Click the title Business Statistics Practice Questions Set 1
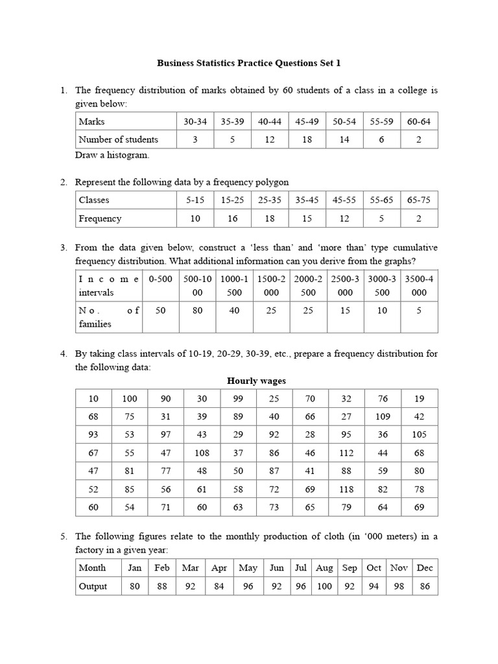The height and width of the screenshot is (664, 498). pyautogui.click(x=248, y=63)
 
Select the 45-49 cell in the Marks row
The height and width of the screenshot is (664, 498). pyautogui.click(x=308, y=121)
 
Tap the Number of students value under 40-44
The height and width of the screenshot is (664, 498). pyautogui.click(x=270, y=139)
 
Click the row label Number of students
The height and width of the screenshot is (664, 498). pyautogui.click(x=118, y=139)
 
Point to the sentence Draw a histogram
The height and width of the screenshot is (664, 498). pyautogui.click(x=112, y=155)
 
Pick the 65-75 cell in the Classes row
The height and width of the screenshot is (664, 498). pyautogui.click(x=419, y=200)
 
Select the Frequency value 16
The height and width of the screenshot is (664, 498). pyautogui.click(x=232, y=219)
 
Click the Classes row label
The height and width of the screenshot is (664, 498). pyautogui.click(x=94, y=200)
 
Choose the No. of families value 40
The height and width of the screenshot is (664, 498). pyautogui.click(x=234, y=311)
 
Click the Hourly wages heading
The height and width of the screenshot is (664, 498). pyautogui.click(x=256, y=381)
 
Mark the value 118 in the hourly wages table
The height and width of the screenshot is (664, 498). pyautogui.click(x=345, y=489)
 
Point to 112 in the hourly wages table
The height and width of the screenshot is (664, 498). pyautogui.click(x=345, y=453)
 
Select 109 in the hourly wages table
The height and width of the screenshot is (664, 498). pyautogui.click(x=383, y=416)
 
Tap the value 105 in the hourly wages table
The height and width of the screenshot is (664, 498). pyautogui.click(x=419, y=434)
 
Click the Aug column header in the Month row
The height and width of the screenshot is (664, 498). pyautogui.click(x=324, y=568)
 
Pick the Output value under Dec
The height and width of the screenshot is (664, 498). pyautogui.click(x=425, y=586)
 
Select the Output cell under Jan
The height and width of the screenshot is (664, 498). pyautogui.click(x=135, y=586)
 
